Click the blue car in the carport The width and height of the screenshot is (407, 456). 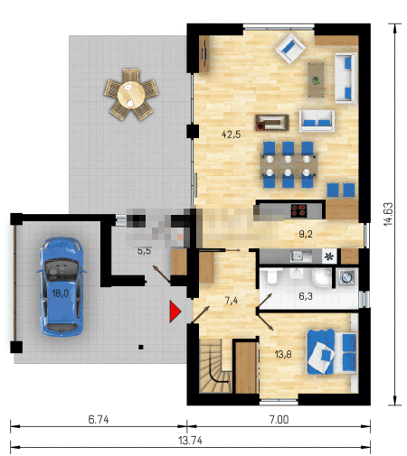point(62,286)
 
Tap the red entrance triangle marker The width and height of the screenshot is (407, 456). point(175,312)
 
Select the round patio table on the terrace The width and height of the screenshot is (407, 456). point(131,94)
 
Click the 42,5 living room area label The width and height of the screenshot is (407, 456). point(232,135)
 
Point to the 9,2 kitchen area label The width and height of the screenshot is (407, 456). point(306,234)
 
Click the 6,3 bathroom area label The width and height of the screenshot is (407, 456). point(306,296)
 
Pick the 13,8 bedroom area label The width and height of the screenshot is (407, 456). point(283,354)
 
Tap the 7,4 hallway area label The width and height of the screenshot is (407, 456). point(232,301)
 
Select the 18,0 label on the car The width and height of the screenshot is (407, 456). point(61,293)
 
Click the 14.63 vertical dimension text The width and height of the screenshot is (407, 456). point(388,214)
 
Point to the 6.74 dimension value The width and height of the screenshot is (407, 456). point(99,419)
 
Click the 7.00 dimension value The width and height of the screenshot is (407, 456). point(279,419)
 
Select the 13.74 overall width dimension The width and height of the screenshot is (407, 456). point(191,441)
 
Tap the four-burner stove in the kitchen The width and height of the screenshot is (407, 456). point(298,210)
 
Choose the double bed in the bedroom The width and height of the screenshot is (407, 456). point(332,352)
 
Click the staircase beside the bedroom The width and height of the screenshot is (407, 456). point(214,366)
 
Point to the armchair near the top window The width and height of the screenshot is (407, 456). point(290,49)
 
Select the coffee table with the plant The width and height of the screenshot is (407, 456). point(317,80)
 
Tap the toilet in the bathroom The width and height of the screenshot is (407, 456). point(271,276)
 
